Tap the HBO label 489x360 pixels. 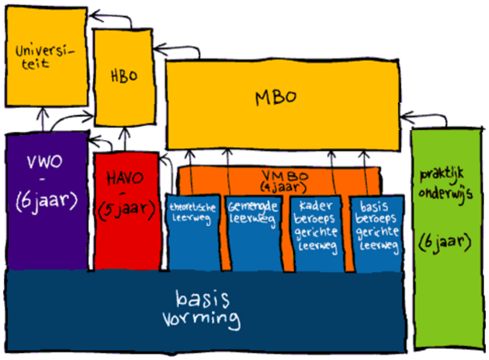pos(124,76)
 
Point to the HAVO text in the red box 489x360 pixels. pos(126,178)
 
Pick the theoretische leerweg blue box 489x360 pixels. pos(194,230)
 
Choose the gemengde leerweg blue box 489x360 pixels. pos(253,230)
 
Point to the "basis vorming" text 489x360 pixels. pos(201,308)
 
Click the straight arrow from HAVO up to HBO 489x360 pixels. pos(126,140)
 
